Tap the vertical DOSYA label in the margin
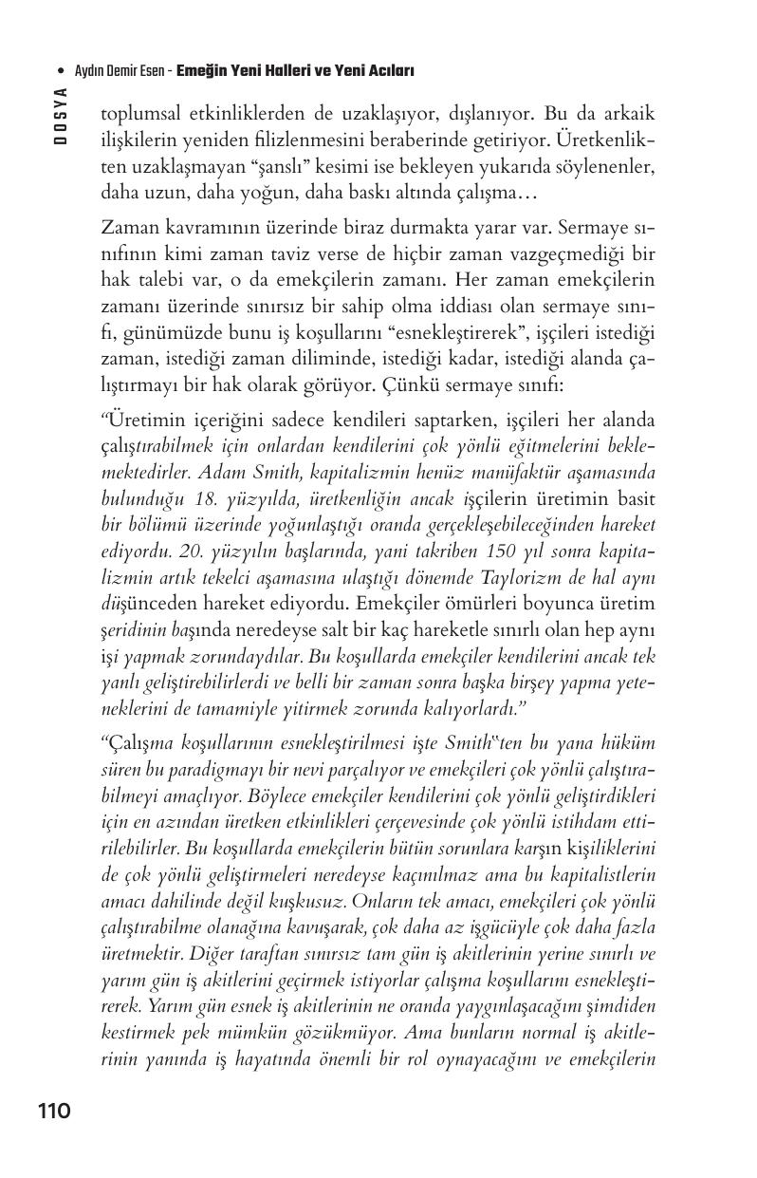pyautogui.click(x=60, y=115)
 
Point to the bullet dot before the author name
pyautogui.click(x=62, y=71)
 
